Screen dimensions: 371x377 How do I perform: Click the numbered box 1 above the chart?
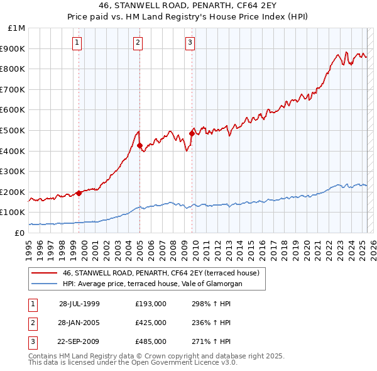pos(77,43)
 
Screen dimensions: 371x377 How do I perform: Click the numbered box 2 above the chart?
pos(138,43)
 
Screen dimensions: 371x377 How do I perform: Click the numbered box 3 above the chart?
pos(190,43)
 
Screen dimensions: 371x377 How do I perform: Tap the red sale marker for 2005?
pos(139,146)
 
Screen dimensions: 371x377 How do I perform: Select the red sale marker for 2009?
pos(192,133)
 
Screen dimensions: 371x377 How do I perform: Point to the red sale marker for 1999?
pos(79,193)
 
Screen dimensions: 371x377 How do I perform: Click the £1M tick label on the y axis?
pos(17,28)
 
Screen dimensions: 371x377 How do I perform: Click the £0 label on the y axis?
pos(20,233)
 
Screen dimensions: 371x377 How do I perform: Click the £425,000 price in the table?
pos(151,323)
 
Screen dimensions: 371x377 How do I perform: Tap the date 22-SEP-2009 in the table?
pos(79,341)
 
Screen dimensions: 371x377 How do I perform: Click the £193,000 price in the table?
pos(151,304)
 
